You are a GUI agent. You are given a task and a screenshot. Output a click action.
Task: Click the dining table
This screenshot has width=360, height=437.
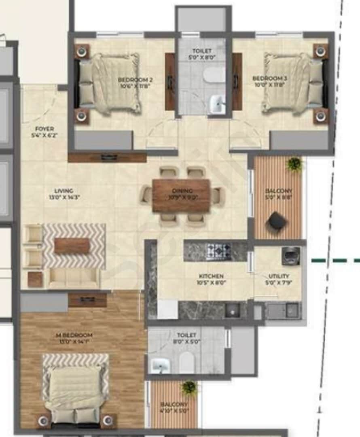click(x=181, y=195)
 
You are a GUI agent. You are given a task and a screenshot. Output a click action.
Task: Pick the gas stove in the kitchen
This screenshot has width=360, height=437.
click(x=218, y=251)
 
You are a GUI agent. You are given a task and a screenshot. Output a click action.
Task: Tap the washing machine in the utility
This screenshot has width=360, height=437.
click(x=291, y=256)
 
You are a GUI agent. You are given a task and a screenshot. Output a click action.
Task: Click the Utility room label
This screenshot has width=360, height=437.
click(x=278, y=279)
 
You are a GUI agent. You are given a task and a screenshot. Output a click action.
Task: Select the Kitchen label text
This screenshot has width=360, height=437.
click(x=211, y=280)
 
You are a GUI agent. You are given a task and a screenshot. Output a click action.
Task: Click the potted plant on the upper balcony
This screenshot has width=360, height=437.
click(x=294, y=164)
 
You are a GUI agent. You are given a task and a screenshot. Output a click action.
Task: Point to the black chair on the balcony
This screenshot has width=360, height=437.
click(x=277, y=221)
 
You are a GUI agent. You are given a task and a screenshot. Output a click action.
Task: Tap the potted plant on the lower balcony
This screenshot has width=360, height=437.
click(x=189, y=388)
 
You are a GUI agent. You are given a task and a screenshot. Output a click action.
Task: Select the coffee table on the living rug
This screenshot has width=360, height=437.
click(x=72, y=246)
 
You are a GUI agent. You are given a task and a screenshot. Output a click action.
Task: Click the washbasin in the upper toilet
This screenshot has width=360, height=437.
click(x=217, y=104)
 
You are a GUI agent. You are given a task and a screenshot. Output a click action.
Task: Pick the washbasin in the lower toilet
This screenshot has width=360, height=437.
click(x=161, y=365)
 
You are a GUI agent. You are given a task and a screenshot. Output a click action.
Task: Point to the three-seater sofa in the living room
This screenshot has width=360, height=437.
click(x=74, y=278)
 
